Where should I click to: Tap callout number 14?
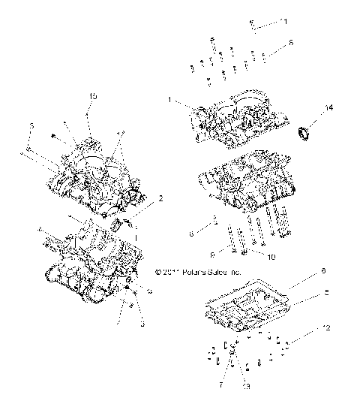[x=327, y=110]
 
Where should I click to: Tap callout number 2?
[x=160, y=200]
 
